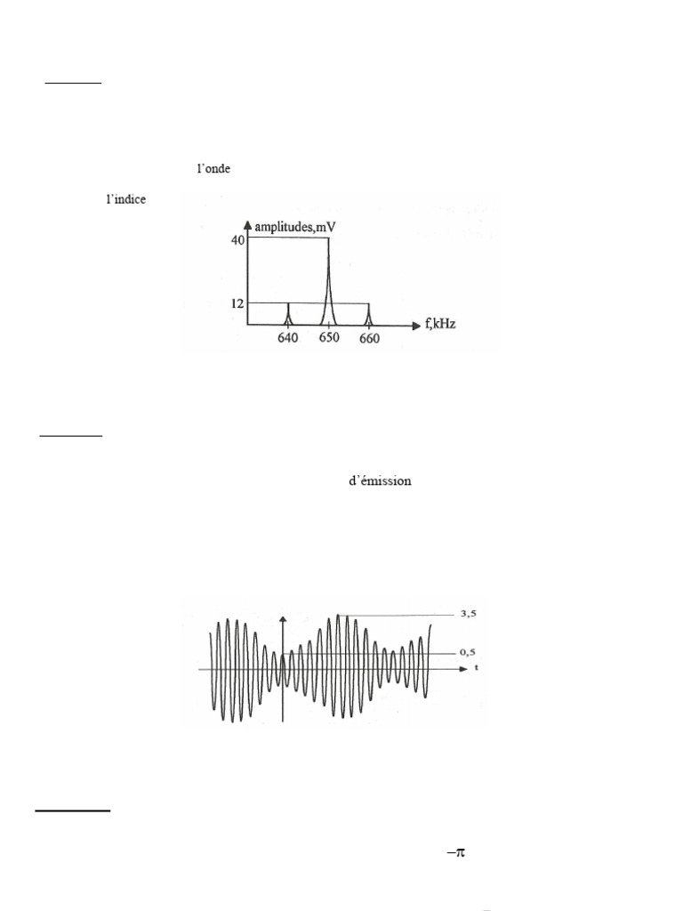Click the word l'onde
tap(213, 168)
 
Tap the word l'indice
tap(126, 199)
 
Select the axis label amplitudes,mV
tap(295, 227)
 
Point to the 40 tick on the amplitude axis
tap(238, 240)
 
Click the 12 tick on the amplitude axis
tap(237, 303)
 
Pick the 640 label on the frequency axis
tap(287, 338)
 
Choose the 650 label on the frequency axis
tap(329, 337)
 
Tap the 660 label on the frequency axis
tap(369, 339)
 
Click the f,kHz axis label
tap(439, 324)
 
